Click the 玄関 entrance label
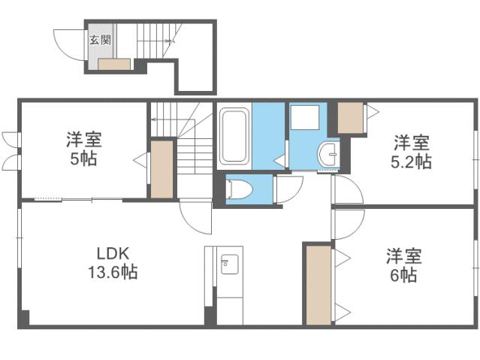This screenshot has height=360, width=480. [x=100, y=41]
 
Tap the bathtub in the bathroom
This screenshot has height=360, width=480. [x=234, y=138]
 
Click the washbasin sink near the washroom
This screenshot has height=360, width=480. [x=329, y=154]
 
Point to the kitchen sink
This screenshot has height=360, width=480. [x=229, y=265]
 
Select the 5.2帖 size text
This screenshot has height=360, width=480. [x=413, y=161]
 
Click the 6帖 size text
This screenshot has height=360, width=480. [x=403, y=275]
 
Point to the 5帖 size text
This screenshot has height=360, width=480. [x=83, y=159]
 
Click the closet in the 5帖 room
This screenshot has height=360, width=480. [x=162, y=169]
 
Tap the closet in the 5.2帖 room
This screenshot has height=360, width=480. [x=350, y=116]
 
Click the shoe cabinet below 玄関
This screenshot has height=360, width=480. [x=114, y=64]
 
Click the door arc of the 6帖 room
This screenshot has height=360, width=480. [x=349, y=223]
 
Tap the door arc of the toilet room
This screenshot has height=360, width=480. [x=289, y=189]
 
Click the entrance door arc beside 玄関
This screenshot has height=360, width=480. [x=71, y=45]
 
